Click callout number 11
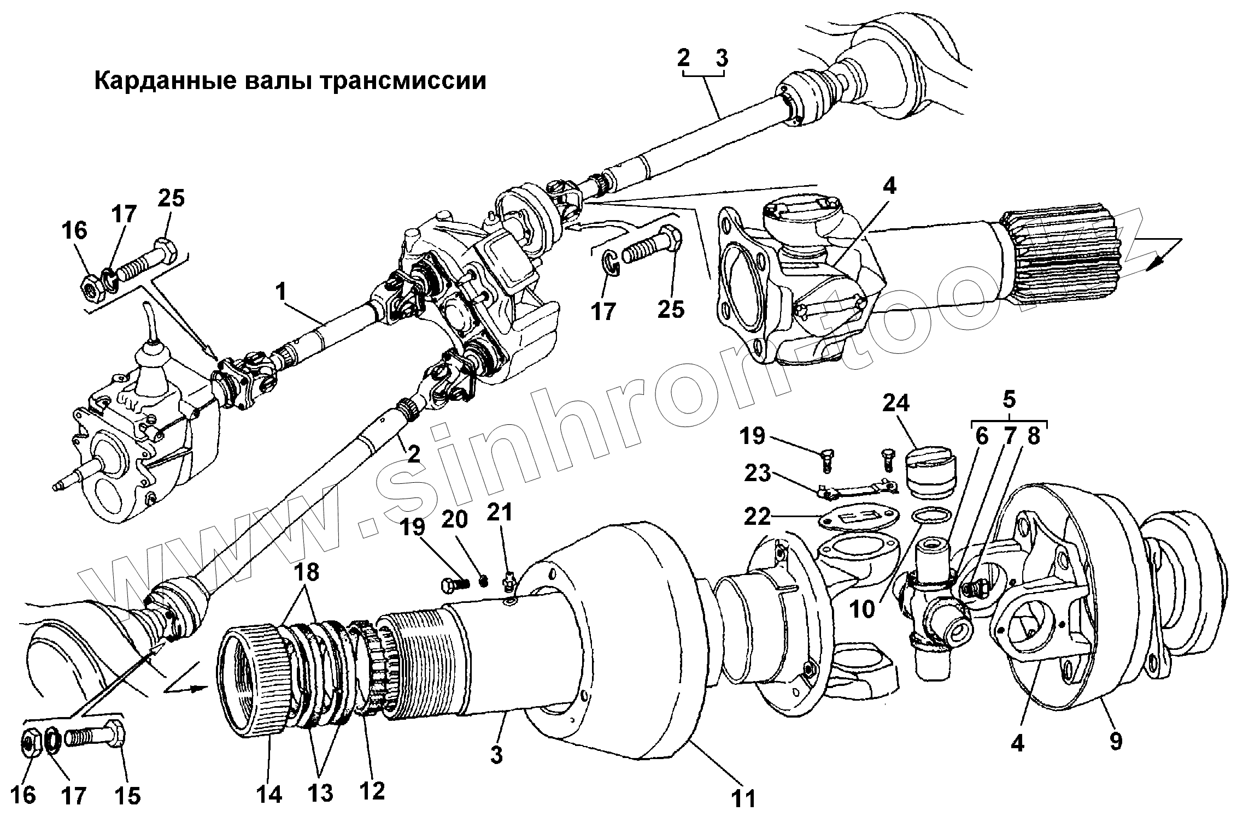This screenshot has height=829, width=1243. tap(743, 798)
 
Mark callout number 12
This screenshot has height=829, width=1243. tap(372, 790)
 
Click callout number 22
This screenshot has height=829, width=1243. tap(757, 516)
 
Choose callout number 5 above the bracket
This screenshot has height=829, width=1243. tap(1009, 399)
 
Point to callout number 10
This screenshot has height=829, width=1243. tap(863, 608)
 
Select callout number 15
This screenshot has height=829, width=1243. tap(127, 796)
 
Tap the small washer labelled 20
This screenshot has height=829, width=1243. tap(483, 580)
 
